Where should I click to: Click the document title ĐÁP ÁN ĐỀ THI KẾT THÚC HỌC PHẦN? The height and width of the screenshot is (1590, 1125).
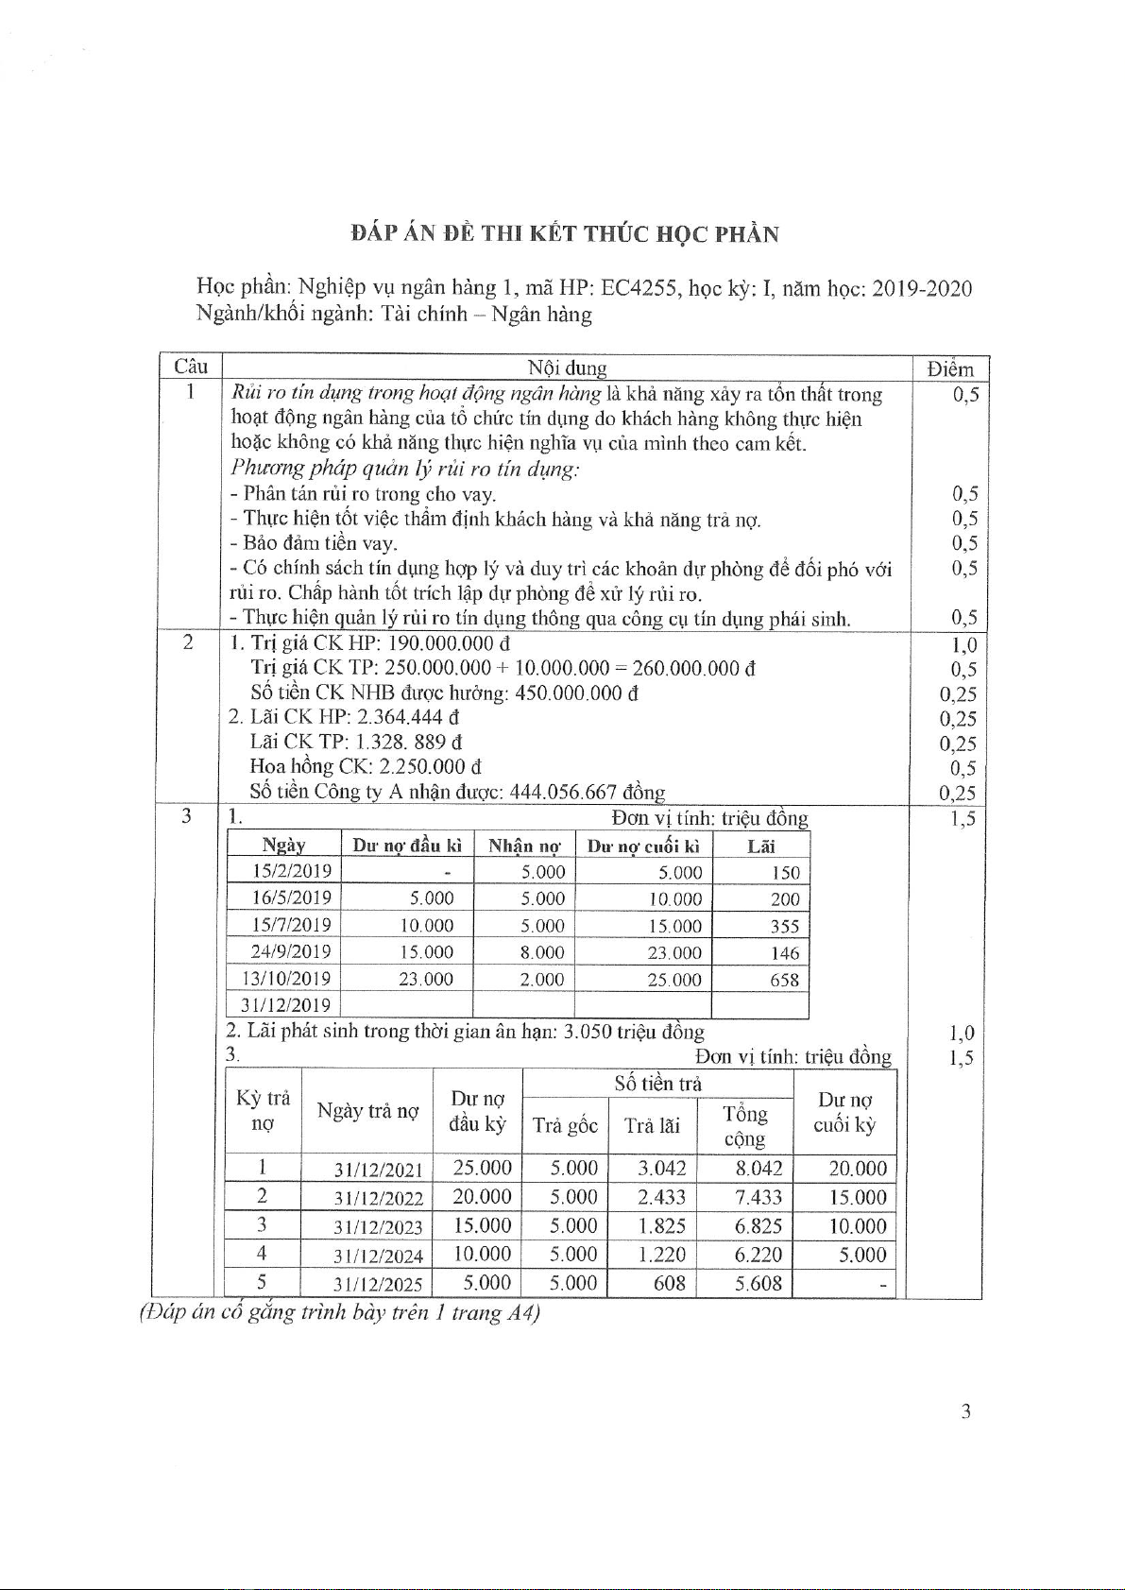click(x=564, y=234)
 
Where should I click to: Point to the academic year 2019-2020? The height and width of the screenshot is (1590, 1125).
click(x=921, y=288)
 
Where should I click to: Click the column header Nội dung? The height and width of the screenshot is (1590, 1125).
click(x=567, y=368)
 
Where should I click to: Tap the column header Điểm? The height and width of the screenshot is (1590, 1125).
click(x=949, y=368)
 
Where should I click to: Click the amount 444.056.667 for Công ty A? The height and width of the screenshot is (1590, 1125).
click(x=563, y=792)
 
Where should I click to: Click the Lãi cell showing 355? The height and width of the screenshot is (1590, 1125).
click(x=784, y=926)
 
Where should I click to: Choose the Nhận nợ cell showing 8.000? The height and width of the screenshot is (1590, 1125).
click(x=542, y=952)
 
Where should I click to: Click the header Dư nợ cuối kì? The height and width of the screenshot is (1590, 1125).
click(x=643, y=846)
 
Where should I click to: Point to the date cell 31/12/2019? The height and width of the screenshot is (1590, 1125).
click(x=285, y=1005)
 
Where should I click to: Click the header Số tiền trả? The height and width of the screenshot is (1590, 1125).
click(x=657, y=1084)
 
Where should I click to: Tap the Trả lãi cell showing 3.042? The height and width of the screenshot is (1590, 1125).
click(x=661, y=1168)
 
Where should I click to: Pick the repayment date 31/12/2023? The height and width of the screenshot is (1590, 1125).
click(x=378, y=1227)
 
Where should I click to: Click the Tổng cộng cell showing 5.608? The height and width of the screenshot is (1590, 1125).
click(x=759, y=1283)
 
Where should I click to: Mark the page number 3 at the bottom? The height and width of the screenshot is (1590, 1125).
click(x=965, y=1411)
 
